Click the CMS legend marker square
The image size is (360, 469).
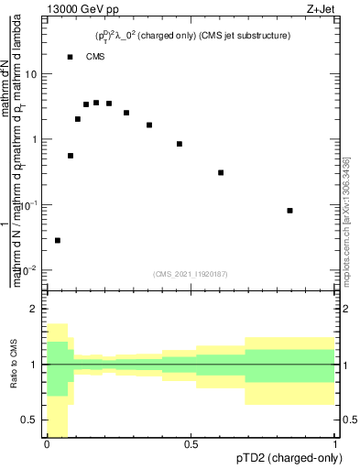pos(71,57)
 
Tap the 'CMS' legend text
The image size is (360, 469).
pos(95,57)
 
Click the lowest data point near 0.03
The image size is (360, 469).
pos(58,240)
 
